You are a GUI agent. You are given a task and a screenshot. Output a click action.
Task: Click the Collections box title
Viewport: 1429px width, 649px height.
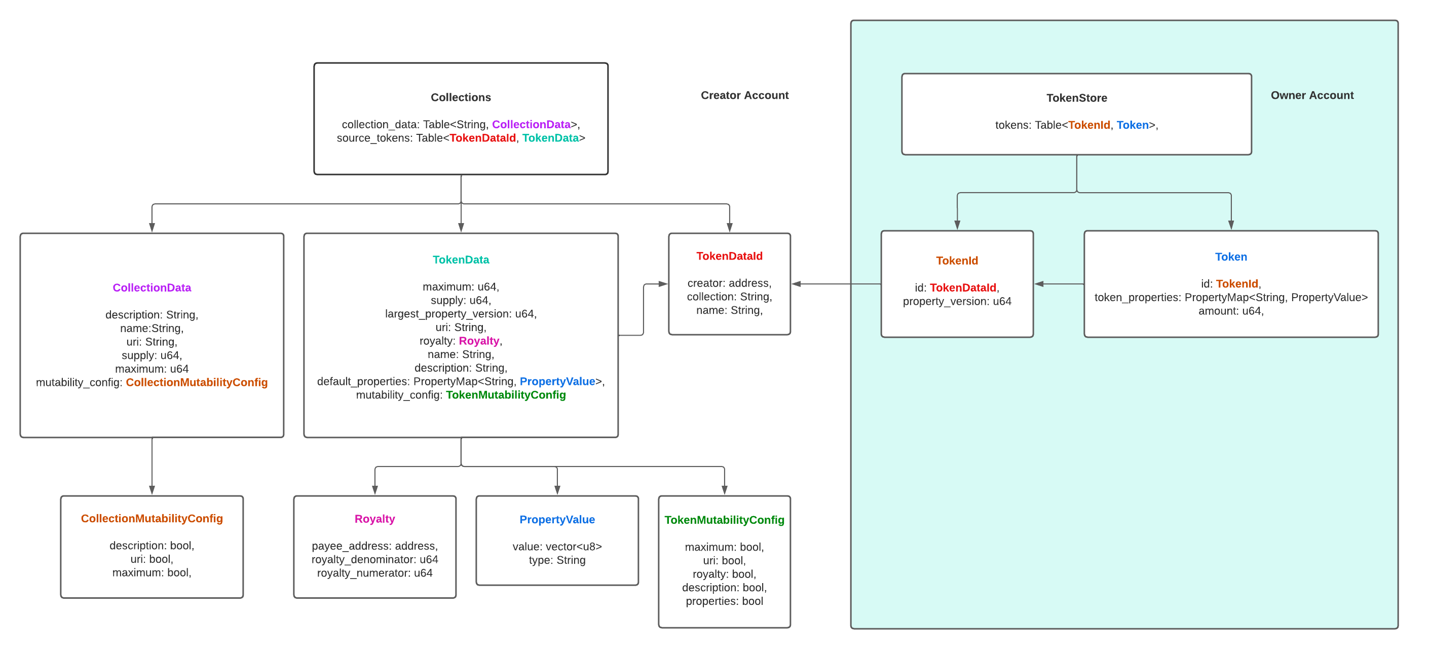pos(461,97)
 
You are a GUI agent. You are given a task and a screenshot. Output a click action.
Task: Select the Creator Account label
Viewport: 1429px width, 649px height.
pos(744,95)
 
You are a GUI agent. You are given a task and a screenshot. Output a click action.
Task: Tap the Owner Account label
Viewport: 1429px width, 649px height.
pos(1311,95)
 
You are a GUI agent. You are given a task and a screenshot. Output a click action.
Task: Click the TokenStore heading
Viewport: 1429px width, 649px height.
pos(1076,98)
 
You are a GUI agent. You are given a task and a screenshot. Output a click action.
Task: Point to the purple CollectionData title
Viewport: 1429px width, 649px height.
pos(152,287)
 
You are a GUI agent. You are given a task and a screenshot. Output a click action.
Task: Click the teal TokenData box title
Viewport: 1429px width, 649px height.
pos(461,259)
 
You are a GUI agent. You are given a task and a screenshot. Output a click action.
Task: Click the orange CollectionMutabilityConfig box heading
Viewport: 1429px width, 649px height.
pos(152,518)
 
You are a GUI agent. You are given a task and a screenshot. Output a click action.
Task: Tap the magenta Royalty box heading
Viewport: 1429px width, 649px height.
pos(374,519)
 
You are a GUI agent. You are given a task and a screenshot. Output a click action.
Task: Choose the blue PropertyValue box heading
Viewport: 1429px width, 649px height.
pos(557,519)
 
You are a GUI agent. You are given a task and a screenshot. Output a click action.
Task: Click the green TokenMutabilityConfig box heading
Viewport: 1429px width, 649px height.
pos(724,520)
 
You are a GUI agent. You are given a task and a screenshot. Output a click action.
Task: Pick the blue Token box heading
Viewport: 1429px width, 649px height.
pos(1230,257)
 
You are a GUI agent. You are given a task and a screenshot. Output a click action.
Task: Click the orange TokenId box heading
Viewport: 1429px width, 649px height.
pos(956,261)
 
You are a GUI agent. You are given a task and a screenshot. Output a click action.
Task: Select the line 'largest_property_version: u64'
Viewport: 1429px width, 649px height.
pos(461,314)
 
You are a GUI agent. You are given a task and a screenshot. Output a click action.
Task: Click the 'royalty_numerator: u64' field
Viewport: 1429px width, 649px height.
pos(374,573)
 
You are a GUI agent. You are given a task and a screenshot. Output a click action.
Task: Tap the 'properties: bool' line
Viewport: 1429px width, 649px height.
pos(724,601)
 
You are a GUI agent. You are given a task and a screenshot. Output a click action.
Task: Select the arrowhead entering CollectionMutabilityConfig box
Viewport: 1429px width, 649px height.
pos(152,490)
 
